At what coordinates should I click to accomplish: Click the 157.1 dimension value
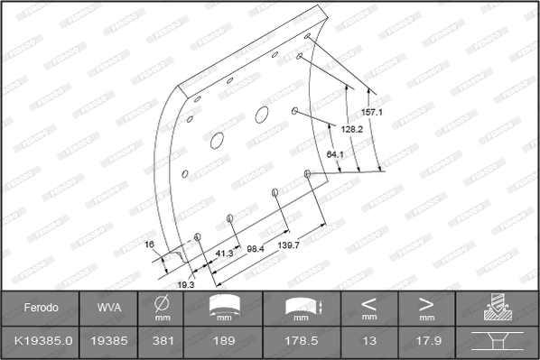click(x=373, y=113)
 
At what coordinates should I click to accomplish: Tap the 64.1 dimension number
click(x=335, y=154)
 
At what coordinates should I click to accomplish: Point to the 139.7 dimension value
click(x=290, y=245)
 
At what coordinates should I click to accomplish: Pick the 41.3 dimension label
click(x=224, y=254)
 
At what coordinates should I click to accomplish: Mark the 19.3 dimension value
click(x=185, y=285)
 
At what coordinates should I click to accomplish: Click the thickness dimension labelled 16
click(x=151, y=244)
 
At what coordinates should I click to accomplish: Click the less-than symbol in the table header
click(x=368, y=303)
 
